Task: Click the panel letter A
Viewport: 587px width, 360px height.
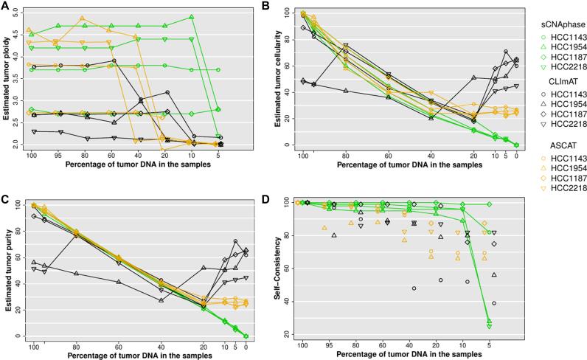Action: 6,6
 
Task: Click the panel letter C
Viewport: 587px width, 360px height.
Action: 6,184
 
